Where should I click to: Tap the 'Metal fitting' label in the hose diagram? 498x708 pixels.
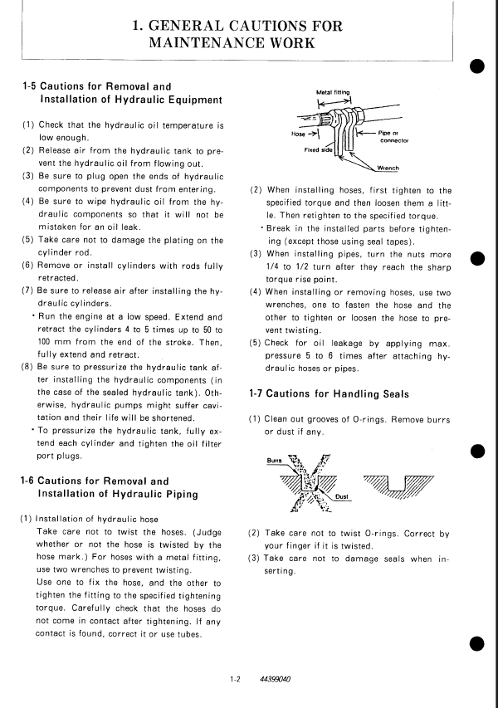(334, 92)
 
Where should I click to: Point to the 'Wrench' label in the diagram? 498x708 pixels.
(388, 167)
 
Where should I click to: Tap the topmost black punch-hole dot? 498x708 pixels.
(476, 66)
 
